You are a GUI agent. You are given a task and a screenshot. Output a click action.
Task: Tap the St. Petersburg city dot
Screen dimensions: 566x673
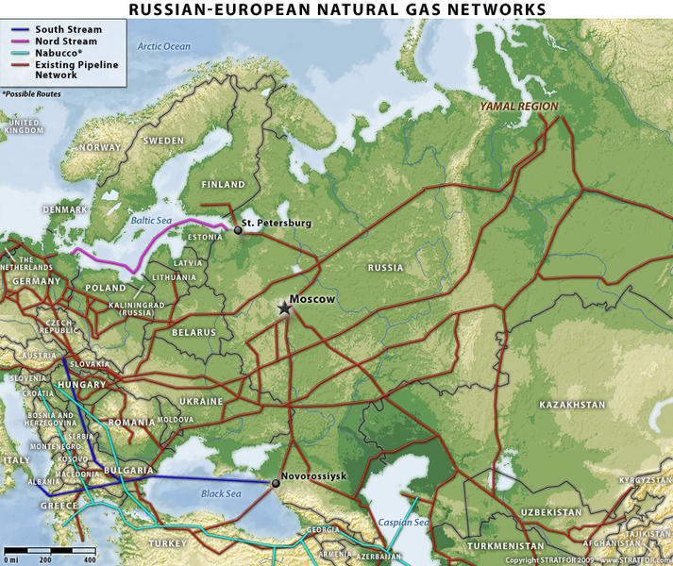tap(238, 228)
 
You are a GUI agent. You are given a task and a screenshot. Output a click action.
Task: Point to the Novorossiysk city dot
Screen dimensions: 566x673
tap(276, 483)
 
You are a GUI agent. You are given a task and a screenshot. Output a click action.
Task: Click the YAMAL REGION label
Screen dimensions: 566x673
tap(518, 107)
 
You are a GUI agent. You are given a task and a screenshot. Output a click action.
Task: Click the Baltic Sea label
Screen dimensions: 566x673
tap(150, 219)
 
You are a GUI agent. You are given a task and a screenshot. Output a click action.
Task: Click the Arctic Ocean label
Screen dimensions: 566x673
tap(163, 46)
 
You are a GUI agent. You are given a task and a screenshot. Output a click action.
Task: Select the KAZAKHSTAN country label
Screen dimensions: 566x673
tap(572, 405)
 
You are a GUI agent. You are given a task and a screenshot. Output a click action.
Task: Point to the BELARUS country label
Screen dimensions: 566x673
tap(193, 333)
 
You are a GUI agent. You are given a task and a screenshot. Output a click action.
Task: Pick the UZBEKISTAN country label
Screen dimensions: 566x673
tap(549, 512)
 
